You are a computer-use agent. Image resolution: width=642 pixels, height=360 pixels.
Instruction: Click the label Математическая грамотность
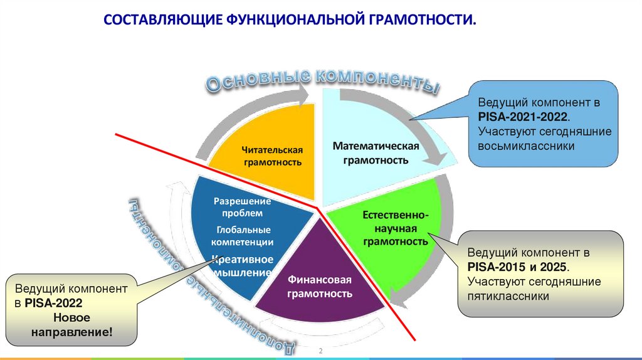tap(376, 152)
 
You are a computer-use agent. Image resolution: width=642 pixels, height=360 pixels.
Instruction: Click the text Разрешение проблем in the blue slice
tap(242, 207)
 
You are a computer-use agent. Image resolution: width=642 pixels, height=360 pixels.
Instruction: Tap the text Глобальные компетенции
tap(241, 235)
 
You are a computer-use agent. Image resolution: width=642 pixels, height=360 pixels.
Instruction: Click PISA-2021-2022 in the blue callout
tap(523, 117)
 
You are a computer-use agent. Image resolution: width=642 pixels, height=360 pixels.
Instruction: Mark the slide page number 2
tap(320, 350)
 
